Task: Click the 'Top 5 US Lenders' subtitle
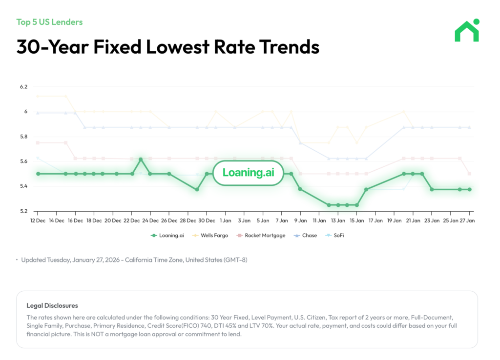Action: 49,22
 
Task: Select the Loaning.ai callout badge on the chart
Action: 248,173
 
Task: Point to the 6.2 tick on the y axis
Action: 23,87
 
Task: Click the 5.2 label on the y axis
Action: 23,211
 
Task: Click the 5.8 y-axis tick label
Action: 23,137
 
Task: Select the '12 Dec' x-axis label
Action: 38,220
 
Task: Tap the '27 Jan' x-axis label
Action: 469,220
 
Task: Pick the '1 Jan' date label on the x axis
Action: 226,220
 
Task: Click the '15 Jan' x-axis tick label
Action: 356,220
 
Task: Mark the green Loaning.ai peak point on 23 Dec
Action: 141,160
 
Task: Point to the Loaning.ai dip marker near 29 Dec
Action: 197,189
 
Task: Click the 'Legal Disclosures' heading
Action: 52,306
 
